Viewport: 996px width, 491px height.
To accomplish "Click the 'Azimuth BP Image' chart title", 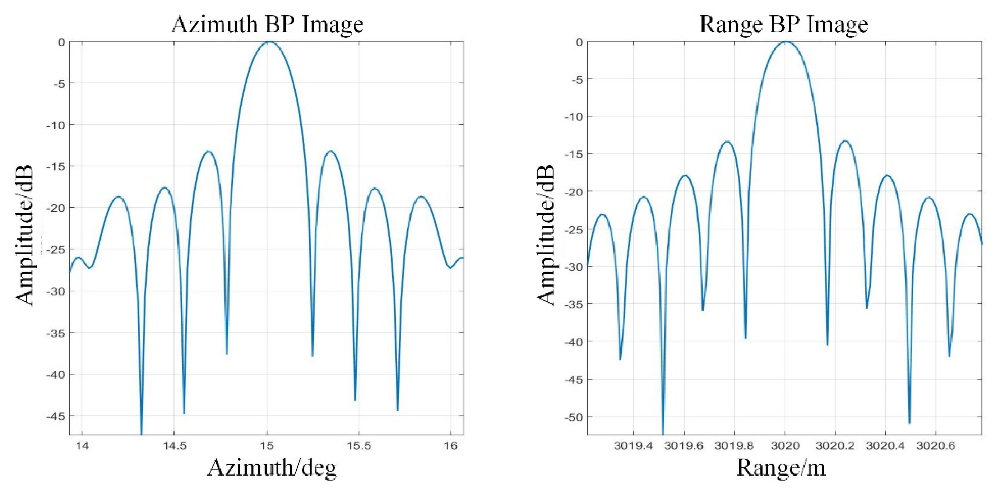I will coord(267,25).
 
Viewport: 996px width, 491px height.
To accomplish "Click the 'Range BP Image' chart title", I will coord(784,25).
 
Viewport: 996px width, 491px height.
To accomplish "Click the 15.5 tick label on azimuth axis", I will coord(358,446).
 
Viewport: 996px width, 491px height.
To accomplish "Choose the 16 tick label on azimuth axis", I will coord(450,446).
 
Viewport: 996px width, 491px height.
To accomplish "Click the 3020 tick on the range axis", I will coord(784,446).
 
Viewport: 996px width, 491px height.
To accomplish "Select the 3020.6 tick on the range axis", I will coord(935,446).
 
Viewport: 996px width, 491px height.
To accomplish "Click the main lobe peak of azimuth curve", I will coord(269,41).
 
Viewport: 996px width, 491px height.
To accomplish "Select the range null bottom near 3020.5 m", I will coord(909,422).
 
